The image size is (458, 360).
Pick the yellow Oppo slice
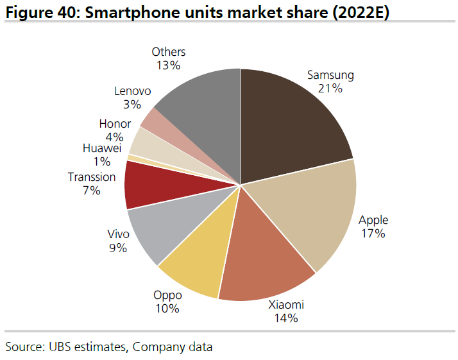coord(199,263)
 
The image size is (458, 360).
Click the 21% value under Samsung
coord(330,89)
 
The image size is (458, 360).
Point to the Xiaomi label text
coord(285,304)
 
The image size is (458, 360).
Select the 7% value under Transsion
coord(91,191)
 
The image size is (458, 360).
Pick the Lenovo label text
coord(133,91)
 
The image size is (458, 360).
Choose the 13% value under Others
coord(168,65)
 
